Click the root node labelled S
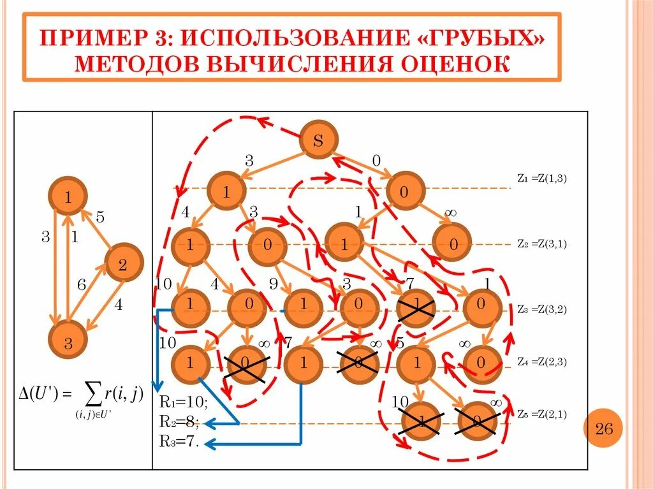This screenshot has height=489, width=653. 318,140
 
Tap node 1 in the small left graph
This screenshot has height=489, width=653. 67,196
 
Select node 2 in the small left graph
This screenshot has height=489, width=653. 122,265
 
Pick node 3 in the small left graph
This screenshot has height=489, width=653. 68,342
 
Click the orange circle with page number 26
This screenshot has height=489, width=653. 604,428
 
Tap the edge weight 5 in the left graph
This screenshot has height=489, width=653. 100,217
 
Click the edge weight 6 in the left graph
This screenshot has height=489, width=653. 82,285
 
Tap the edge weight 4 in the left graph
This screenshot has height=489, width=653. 119,305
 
